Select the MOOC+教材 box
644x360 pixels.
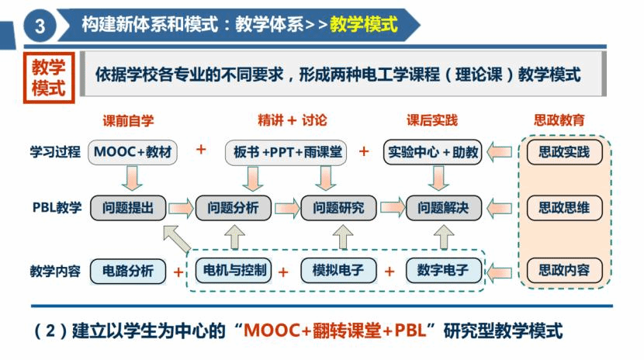coord(132,152)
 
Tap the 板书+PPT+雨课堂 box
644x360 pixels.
coord(286,152)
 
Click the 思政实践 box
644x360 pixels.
coord(563,152)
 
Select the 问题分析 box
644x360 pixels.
coord(234,208)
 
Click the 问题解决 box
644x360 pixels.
coord(444,208)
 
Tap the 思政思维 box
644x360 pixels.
coord(563,208)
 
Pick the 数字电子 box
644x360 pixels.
coord(443,271)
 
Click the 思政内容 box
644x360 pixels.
coord(563,271)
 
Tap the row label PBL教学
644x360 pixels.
coord(57,208)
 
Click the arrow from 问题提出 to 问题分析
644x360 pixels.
coord(181,208)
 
